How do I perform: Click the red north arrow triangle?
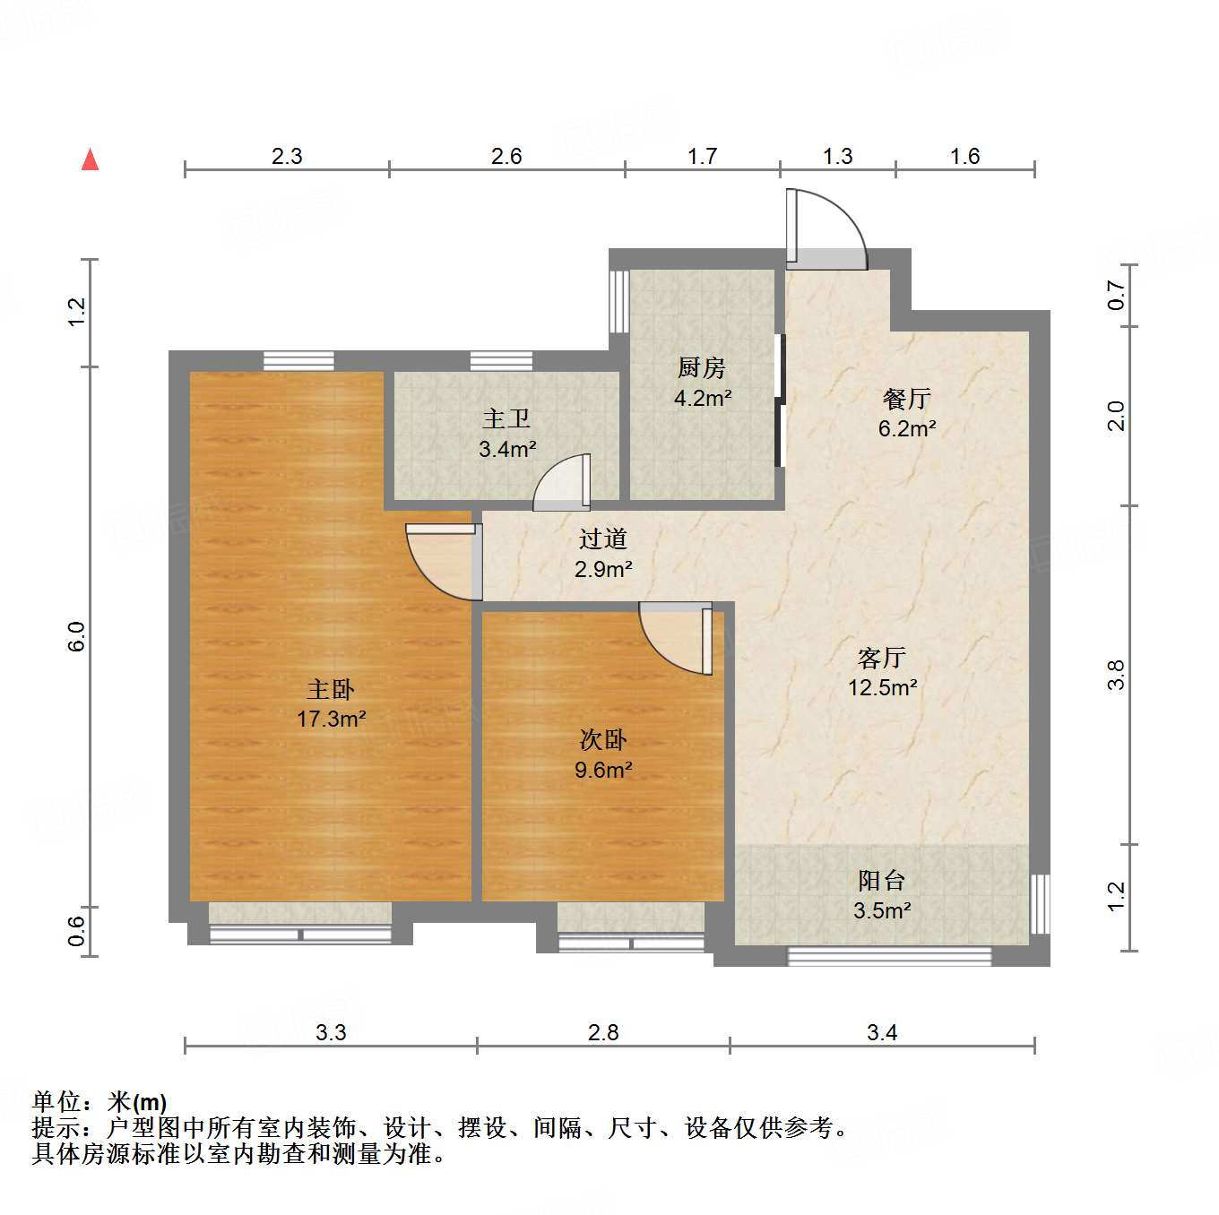[x=90, y=160]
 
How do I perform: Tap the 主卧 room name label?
[x=331, y=690]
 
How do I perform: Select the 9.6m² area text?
[x=603, y=770]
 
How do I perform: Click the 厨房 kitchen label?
[x=701, y=367]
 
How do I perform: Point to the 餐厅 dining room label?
[x=906, y=399]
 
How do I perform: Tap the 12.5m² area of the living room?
[x=882, y=687]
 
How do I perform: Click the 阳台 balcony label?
[x=881, y=881]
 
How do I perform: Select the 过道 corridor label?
[x=602, y=539]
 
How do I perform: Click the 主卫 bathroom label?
[x=506, y=418]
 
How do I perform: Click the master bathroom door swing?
[x=563, y=484]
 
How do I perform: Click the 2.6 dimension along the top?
[x=506, y=156]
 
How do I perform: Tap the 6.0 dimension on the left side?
[x=77, y=635]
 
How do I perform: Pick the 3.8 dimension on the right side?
[x=1116, y=674]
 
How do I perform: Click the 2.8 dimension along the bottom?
[x=603, y=1032]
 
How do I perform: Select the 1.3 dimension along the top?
[x=837, y=156]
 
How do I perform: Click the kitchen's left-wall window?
[x=618, y=301]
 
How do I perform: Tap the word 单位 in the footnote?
[x=57, y=1102]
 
